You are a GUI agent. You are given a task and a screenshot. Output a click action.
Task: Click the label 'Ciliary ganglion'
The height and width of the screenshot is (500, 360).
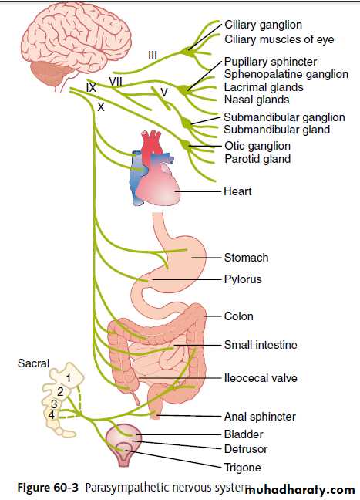(x=263, y=25)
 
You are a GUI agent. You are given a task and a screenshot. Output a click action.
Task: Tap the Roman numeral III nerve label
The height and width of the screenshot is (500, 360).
(x=153, y=56)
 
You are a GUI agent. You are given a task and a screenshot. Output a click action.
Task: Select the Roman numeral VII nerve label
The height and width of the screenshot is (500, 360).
(x=116, y=82)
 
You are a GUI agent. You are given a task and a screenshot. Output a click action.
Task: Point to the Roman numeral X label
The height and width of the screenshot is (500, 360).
(x=101, y=106)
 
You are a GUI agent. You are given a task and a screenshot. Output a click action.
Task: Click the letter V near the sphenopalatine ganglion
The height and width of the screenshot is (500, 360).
(x=163, y=92)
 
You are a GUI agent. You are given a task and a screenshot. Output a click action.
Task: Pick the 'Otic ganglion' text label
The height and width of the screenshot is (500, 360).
(x=257, y=146)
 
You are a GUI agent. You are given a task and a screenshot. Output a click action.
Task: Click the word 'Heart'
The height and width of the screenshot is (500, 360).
(x=237, y=191)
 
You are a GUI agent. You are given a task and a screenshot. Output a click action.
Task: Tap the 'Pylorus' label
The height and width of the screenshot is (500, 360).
(x=243, y=279)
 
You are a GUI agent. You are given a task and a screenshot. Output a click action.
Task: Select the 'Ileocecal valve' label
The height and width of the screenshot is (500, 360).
(x=261, y=378)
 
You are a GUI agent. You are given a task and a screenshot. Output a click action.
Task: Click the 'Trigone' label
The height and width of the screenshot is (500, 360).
(x=243, y=468)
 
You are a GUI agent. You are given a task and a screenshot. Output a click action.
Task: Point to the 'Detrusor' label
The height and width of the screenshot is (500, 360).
(x=246, y=449)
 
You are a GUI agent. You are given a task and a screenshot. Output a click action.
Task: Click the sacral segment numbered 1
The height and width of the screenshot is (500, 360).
(x=68, y=378)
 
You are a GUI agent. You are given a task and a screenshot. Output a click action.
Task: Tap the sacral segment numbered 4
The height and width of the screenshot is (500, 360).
(x=52, y=415)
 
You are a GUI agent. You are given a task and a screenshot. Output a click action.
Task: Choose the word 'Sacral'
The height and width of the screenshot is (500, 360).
(x=33, y=363)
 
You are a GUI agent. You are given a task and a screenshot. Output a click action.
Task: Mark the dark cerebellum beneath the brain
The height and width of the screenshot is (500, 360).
(x=49, y=73)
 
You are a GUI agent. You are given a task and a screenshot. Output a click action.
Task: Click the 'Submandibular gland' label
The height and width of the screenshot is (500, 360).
(x=277, y=130)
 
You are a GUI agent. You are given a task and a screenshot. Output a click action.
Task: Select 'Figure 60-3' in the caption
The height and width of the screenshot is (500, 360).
(x=48, y=488)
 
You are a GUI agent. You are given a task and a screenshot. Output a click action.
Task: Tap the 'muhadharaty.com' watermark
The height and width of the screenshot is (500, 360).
(x=299, y=489)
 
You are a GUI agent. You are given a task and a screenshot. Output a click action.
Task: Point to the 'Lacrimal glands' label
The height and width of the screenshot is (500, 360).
(x=264, y=87)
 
